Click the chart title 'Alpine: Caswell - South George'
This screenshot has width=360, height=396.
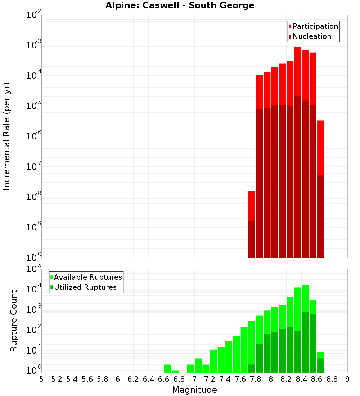180,5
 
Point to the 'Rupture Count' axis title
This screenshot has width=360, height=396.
14,321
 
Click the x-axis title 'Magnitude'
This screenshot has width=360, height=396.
194,390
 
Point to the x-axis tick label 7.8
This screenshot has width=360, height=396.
256,379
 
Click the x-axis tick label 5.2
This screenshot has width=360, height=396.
57,379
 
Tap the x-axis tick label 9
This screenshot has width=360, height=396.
347,379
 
